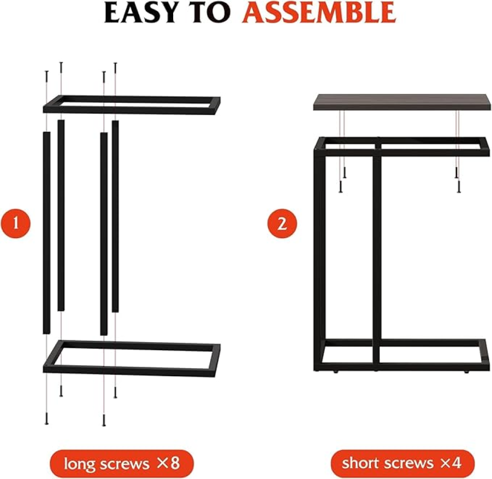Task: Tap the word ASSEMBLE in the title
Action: click(319, 13)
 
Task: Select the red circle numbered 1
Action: click(16, 223)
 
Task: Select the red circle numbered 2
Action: click(282, 224)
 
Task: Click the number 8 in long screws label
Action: click(175, 463)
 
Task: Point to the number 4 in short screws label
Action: click(456, 463)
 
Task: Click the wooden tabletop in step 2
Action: click(402, 102)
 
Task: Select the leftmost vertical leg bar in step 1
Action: click(46, 233)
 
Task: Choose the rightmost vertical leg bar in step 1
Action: click(115, 216)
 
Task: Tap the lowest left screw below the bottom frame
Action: click(47, 419)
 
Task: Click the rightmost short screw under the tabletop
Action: click(459, 187)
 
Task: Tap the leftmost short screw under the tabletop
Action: click(340, 187)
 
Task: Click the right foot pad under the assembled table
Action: click(466, 372)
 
